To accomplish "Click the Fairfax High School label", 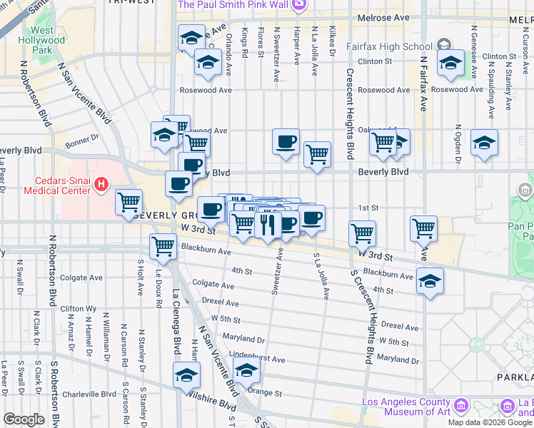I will (x=379, y=46).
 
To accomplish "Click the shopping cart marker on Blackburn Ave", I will (x=163, y=246).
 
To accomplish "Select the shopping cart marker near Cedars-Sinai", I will (x=129, y=203).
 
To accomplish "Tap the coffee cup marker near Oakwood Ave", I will (x=286, y=141).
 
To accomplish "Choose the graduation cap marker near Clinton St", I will (x=450, y=63).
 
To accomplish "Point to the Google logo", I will (x=24, y=419).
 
